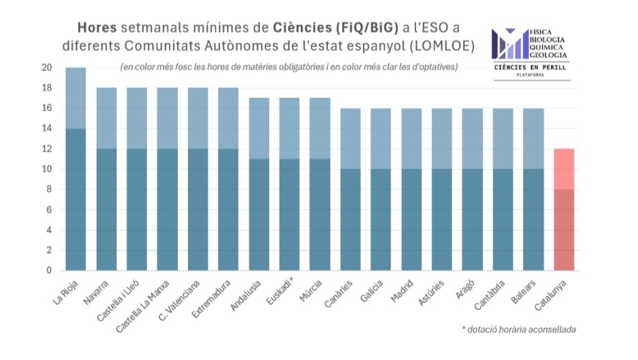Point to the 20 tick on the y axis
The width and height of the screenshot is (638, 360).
click(47, 68)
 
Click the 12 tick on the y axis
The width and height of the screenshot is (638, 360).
click(47, 149)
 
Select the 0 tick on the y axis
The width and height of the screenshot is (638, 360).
click(49, 271)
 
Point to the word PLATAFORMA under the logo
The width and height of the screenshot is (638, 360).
click(532, 75)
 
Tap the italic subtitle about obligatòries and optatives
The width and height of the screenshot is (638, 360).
click(290, 67)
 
